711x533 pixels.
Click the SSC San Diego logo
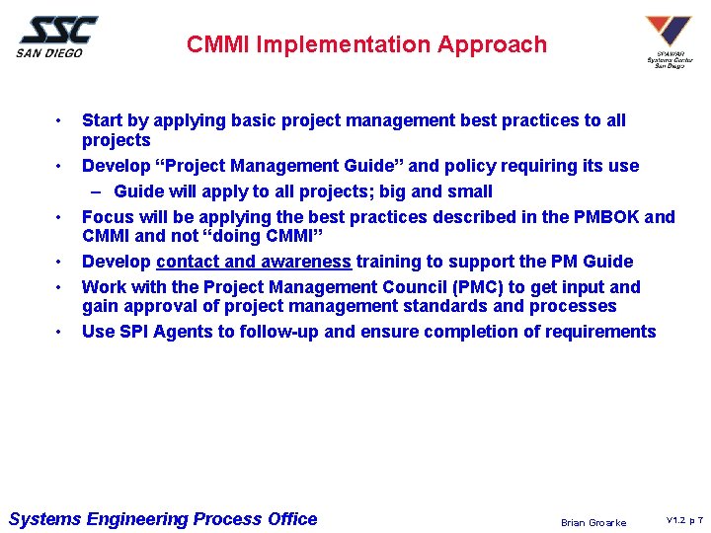click(x=56, y=36)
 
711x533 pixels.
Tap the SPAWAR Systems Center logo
click(x=668, y=41)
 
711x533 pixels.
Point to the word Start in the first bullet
click(x=103, y=121)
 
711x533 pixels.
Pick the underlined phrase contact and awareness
click(x=254, y=262)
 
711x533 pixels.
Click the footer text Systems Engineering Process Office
click(x=163, y=519)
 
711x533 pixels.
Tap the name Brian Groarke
click(x=592, y=522)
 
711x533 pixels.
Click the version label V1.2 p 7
click(x=683, y=520)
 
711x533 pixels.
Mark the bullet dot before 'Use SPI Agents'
click(x=60, y=332)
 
